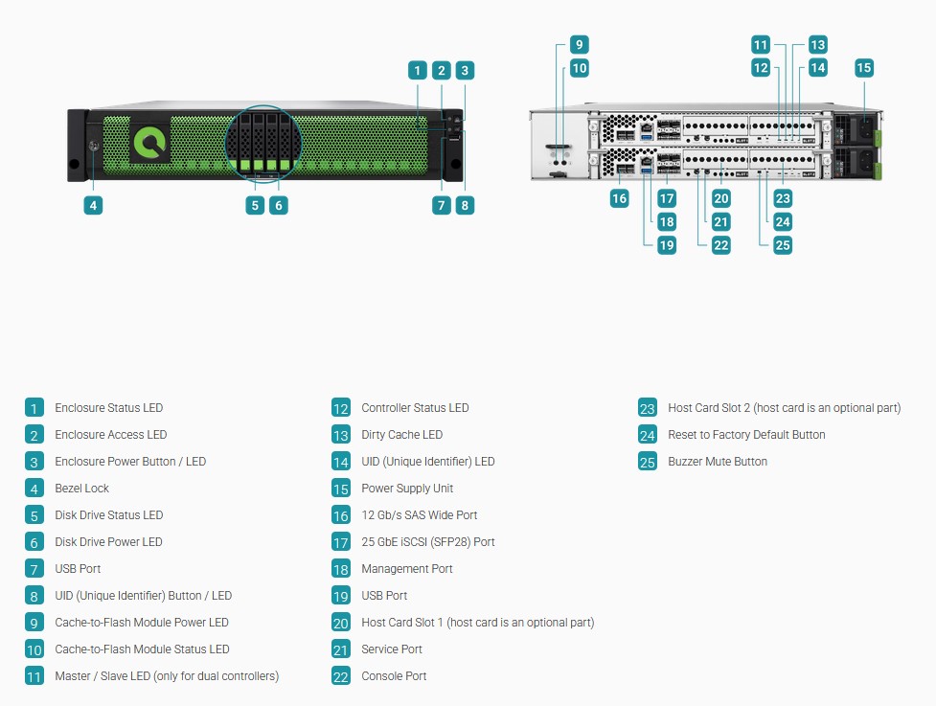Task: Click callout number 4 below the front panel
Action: pyautogui.click(x=93, y=205)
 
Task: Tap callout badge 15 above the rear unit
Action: pyautogui.click(x=864, y=67)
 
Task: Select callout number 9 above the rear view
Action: pyautogui.click(x=579, y=45)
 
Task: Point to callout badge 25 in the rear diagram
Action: pyautogui.click(x=783, y=244)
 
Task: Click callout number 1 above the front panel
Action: pyautogui.click(x=418, y=71)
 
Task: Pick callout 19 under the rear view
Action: pyautogui.click(x=667, y=244)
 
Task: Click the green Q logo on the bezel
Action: pyautogui.click(x=149, y=144)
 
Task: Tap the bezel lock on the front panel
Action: pyautogui.click(x=94, y=146)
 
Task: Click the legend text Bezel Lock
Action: pyautogui.click(x=81, y=489)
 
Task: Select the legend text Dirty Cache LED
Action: pyautogui.click(x=401, y=435)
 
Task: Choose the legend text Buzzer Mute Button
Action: pyautogui.click(x=718, y=462)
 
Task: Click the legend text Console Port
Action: pyautogui.click(x=394, y=676)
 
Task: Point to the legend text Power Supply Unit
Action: pyautogui.click(x=407, y=489)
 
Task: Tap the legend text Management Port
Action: pyautogui.click(x=407, y=569)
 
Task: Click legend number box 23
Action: pyautogui.click(x=648, y=408)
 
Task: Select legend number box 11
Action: pyautogui.click(x=34, y=676)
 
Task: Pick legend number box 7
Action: pyautogui.click(x=34, y=569)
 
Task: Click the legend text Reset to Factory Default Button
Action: pyautogui.click(x=746, y=435)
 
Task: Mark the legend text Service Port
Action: pyautogui.click(x=392, y=649)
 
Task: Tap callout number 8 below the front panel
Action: pyautogui.click(x=465, y=205)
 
